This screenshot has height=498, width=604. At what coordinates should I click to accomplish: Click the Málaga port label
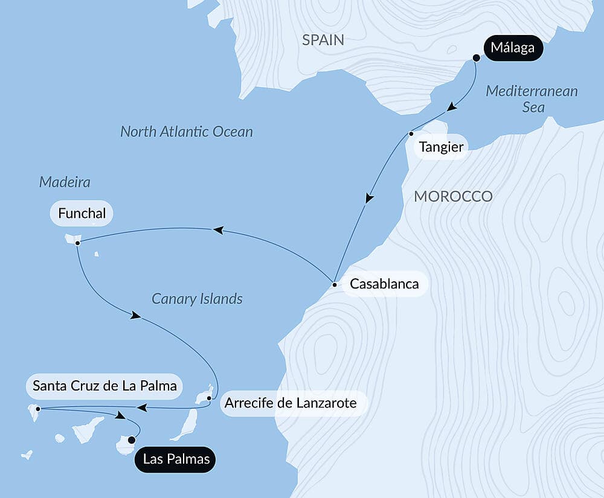tap(513, 48)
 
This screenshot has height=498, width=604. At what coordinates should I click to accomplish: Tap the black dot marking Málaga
tap(476, 58)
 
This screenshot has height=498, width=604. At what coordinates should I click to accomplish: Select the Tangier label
tap(442, 147)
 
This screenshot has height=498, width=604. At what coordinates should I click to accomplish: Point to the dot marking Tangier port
tap(411, 133)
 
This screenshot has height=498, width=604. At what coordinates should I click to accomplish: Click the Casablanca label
tap(385, 284)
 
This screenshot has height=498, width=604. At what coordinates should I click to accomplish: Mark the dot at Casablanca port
tap(334, 284)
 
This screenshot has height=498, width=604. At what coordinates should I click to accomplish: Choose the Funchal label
tap(82, 213)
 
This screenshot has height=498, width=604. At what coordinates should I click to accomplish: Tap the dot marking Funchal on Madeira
tap(78, 243)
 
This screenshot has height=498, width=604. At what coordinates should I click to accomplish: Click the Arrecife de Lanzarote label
tap(291, 403)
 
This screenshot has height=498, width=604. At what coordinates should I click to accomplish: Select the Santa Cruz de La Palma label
tap(105, 386)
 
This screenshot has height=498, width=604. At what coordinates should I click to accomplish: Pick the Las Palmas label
tap(176, 459)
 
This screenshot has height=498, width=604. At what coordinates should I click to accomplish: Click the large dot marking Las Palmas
tap(132, 439)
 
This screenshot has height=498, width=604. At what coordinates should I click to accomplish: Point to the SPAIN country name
tap(323, 40)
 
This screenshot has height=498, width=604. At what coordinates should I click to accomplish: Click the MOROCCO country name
tap(452, 196)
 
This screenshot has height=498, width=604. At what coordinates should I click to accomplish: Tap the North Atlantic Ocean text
tap(186, 132)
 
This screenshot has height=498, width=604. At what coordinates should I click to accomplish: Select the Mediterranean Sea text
tap(532, 99)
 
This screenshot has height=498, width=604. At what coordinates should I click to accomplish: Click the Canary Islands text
tap(197, 299)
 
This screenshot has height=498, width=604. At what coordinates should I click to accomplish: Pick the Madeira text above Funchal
tap(60, 182)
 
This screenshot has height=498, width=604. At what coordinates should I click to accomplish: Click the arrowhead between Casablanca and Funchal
tap(218, 229)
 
